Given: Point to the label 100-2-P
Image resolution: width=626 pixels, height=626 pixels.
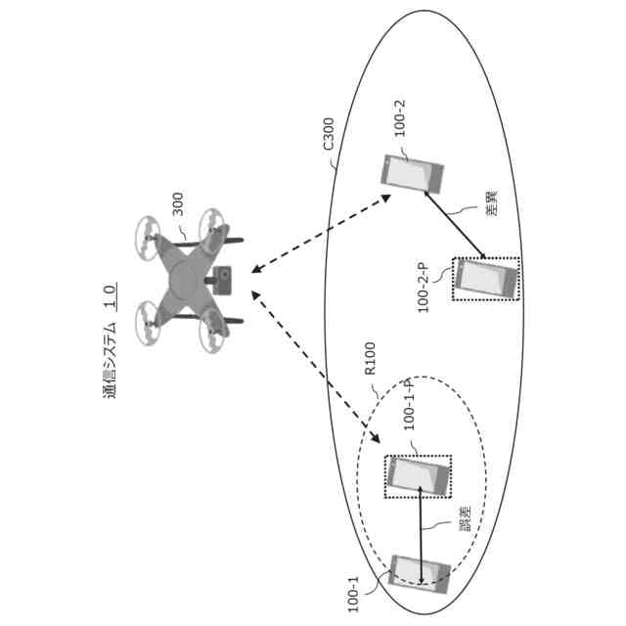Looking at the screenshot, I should pyautogui.click(x=424, y=287).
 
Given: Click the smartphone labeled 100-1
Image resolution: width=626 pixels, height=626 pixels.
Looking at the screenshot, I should pyautogui.click(x=421, y=577).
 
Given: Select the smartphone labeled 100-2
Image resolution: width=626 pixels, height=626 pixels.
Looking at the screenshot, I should pyautogui.click(x=412, y=174).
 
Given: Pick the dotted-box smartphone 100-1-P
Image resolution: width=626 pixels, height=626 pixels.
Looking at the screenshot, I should pyautogui.click(x=419, y=476).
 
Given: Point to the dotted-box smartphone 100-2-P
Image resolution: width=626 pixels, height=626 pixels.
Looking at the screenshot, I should pyautogui.click(x=486, y=280).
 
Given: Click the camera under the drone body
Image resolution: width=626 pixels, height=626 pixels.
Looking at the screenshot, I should pyautogui.click(x=224, y=278).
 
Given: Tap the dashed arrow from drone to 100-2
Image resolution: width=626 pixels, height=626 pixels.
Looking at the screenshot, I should pyautogui.click(x=323, y=236).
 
